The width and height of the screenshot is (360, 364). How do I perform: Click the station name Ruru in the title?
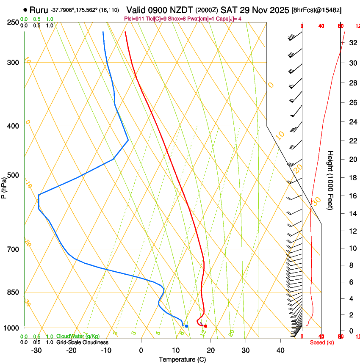click(x=39, y=10)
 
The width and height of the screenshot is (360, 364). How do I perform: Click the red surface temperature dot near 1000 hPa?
click(x=205, y=326)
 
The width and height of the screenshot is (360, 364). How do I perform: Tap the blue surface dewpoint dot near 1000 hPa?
click(x=186, y=326)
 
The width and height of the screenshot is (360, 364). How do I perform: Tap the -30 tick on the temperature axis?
click(x=36, y=350)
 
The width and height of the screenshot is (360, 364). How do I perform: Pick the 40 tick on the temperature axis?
click(x=280, y=350)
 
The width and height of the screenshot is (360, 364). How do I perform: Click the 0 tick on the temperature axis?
click(x=141, y=350)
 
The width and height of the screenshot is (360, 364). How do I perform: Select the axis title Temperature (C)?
click(x=182, y=360)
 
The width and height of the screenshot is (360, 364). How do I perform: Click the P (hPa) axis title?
click(x=4, y=187)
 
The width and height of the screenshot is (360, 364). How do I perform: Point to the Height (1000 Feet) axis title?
click(x=331, y=180)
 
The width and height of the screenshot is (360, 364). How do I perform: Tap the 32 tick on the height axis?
click(x=352, y=43)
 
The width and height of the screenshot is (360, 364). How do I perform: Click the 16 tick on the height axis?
click(x=352, y=196)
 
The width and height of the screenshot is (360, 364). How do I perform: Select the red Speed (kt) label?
click(x=322, y=342)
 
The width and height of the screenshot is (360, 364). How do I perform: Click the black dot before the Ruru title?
click(x=25, y=10)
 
